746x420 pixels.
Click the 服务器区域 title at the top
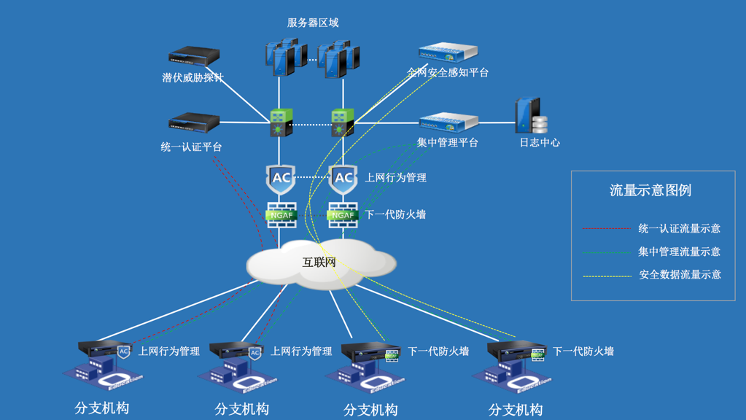(313, 23)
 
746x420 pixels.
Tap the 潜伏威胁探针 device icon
(194, 56)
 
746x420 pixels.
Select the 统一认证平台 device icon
(194, 122)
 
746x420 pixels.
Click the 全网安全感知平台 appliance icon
(448, 52)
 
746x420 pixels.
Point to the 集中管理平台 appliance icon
(448, 122)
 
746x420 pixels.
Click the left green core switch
(281, 123)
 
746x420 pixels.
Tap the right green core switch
(343, 123)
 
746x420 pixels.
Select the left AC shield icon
(281, 178)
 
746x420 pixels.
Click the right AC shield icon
(343, 178)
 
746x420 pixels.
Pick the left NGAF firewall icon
(281, 214)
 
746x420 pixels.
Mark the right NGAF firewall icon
(343, 214)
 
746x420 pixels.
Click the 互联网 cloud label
(319, 262)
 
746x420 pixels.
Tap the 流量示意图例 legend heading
(650, 190)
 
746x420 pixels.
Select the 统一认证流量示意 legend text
(680, 228)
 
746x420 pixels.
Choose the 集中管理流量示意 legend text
(680, 252)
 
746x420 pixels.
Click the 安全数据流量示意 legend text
(680, 275)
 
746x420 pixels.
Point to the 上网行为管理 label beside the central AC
(396, 177)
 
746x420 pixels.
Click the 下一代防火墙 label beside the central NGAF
(395, 214)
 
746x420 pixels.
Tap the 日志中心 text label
(540, 143)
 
